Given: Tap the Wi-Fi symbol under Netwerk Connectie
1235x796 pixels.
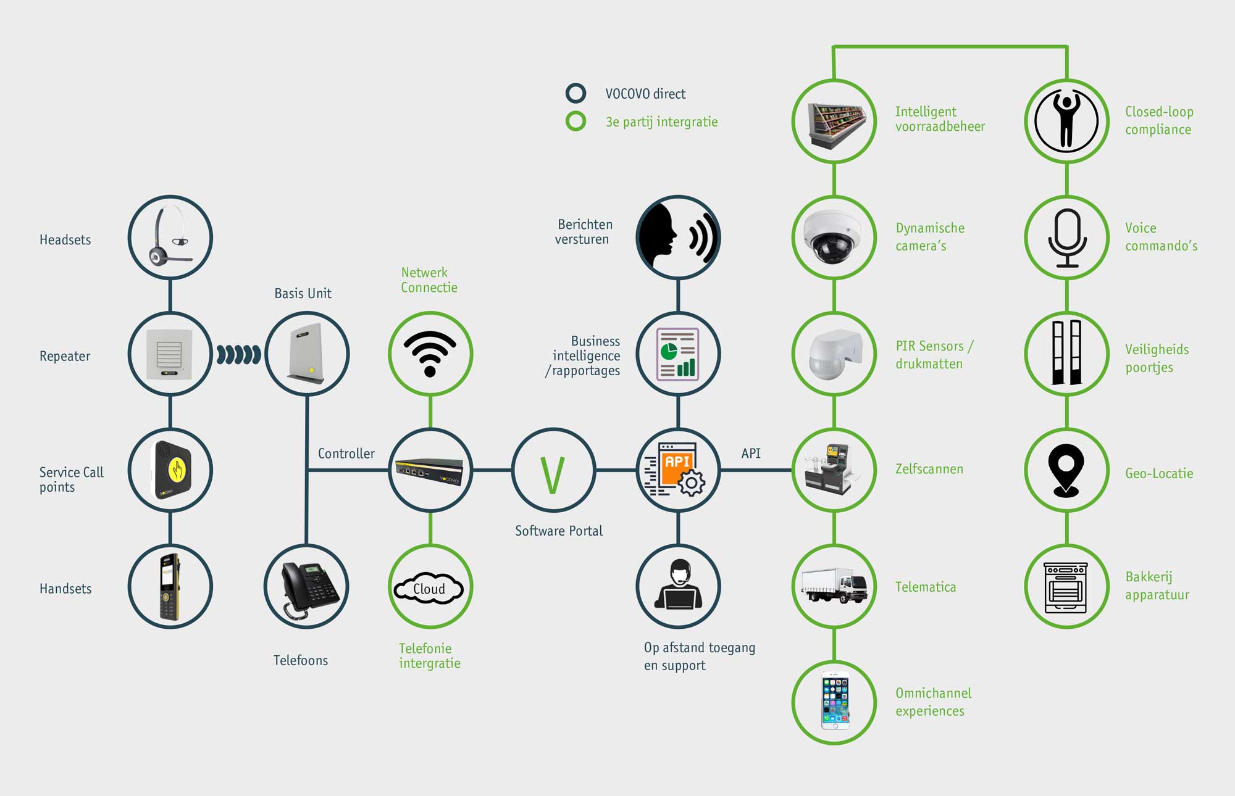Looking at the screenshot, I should click(x=430, y=354).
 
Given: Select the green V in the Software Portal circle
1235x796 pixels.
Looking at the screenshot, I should click(x=553, y=475).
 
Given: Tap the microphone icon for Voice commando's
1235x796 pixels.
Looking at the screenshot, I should click(x=1066, y=238).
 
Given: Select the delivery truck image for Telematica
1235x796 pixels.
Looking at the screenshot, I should click(x=834, y=586).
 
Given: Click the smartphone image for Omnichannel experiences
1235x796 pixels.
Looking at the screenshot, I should click(x=835, y=703).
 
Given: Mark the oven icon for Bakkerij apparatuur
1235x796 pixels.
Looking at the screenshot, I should click(x=1066, y=587).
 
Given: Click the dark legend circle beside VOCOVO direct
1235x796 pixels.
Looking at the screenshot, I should click(x=576, y=93).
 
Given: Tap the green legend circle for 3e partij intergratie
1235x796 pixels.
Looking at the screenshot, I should click(x=576, y=121).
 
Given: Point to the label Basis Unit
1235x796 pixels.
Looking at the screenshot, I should click(x=303, y=294).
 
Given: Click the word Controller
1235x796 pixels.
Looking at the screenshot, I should click(x=346, y=454).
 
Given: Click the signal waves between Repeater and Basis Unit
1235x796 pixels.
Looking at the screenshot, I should click(x=238, y=355).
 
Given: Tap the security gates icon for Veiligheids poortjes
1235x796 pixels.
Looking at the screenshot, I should click(x=1066, y=354).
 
